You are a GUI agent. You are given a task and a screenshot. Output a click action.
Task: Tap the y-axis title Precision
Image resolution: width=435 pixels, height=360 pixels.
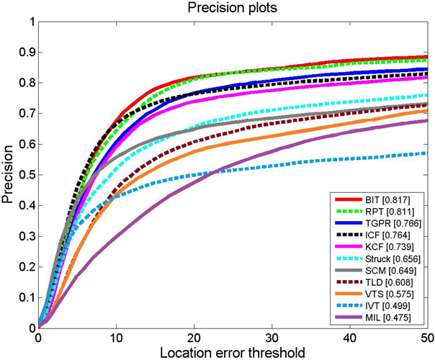tap(9, 173)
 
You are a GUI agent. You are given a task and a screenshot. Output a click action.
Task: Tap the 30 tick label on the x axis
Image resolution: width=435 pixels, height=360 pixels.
tap(272, 336)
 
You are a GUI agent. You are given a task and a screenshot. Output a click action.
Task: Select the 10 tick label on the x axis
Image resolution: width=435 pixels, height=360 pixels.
tap(115, 336)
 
